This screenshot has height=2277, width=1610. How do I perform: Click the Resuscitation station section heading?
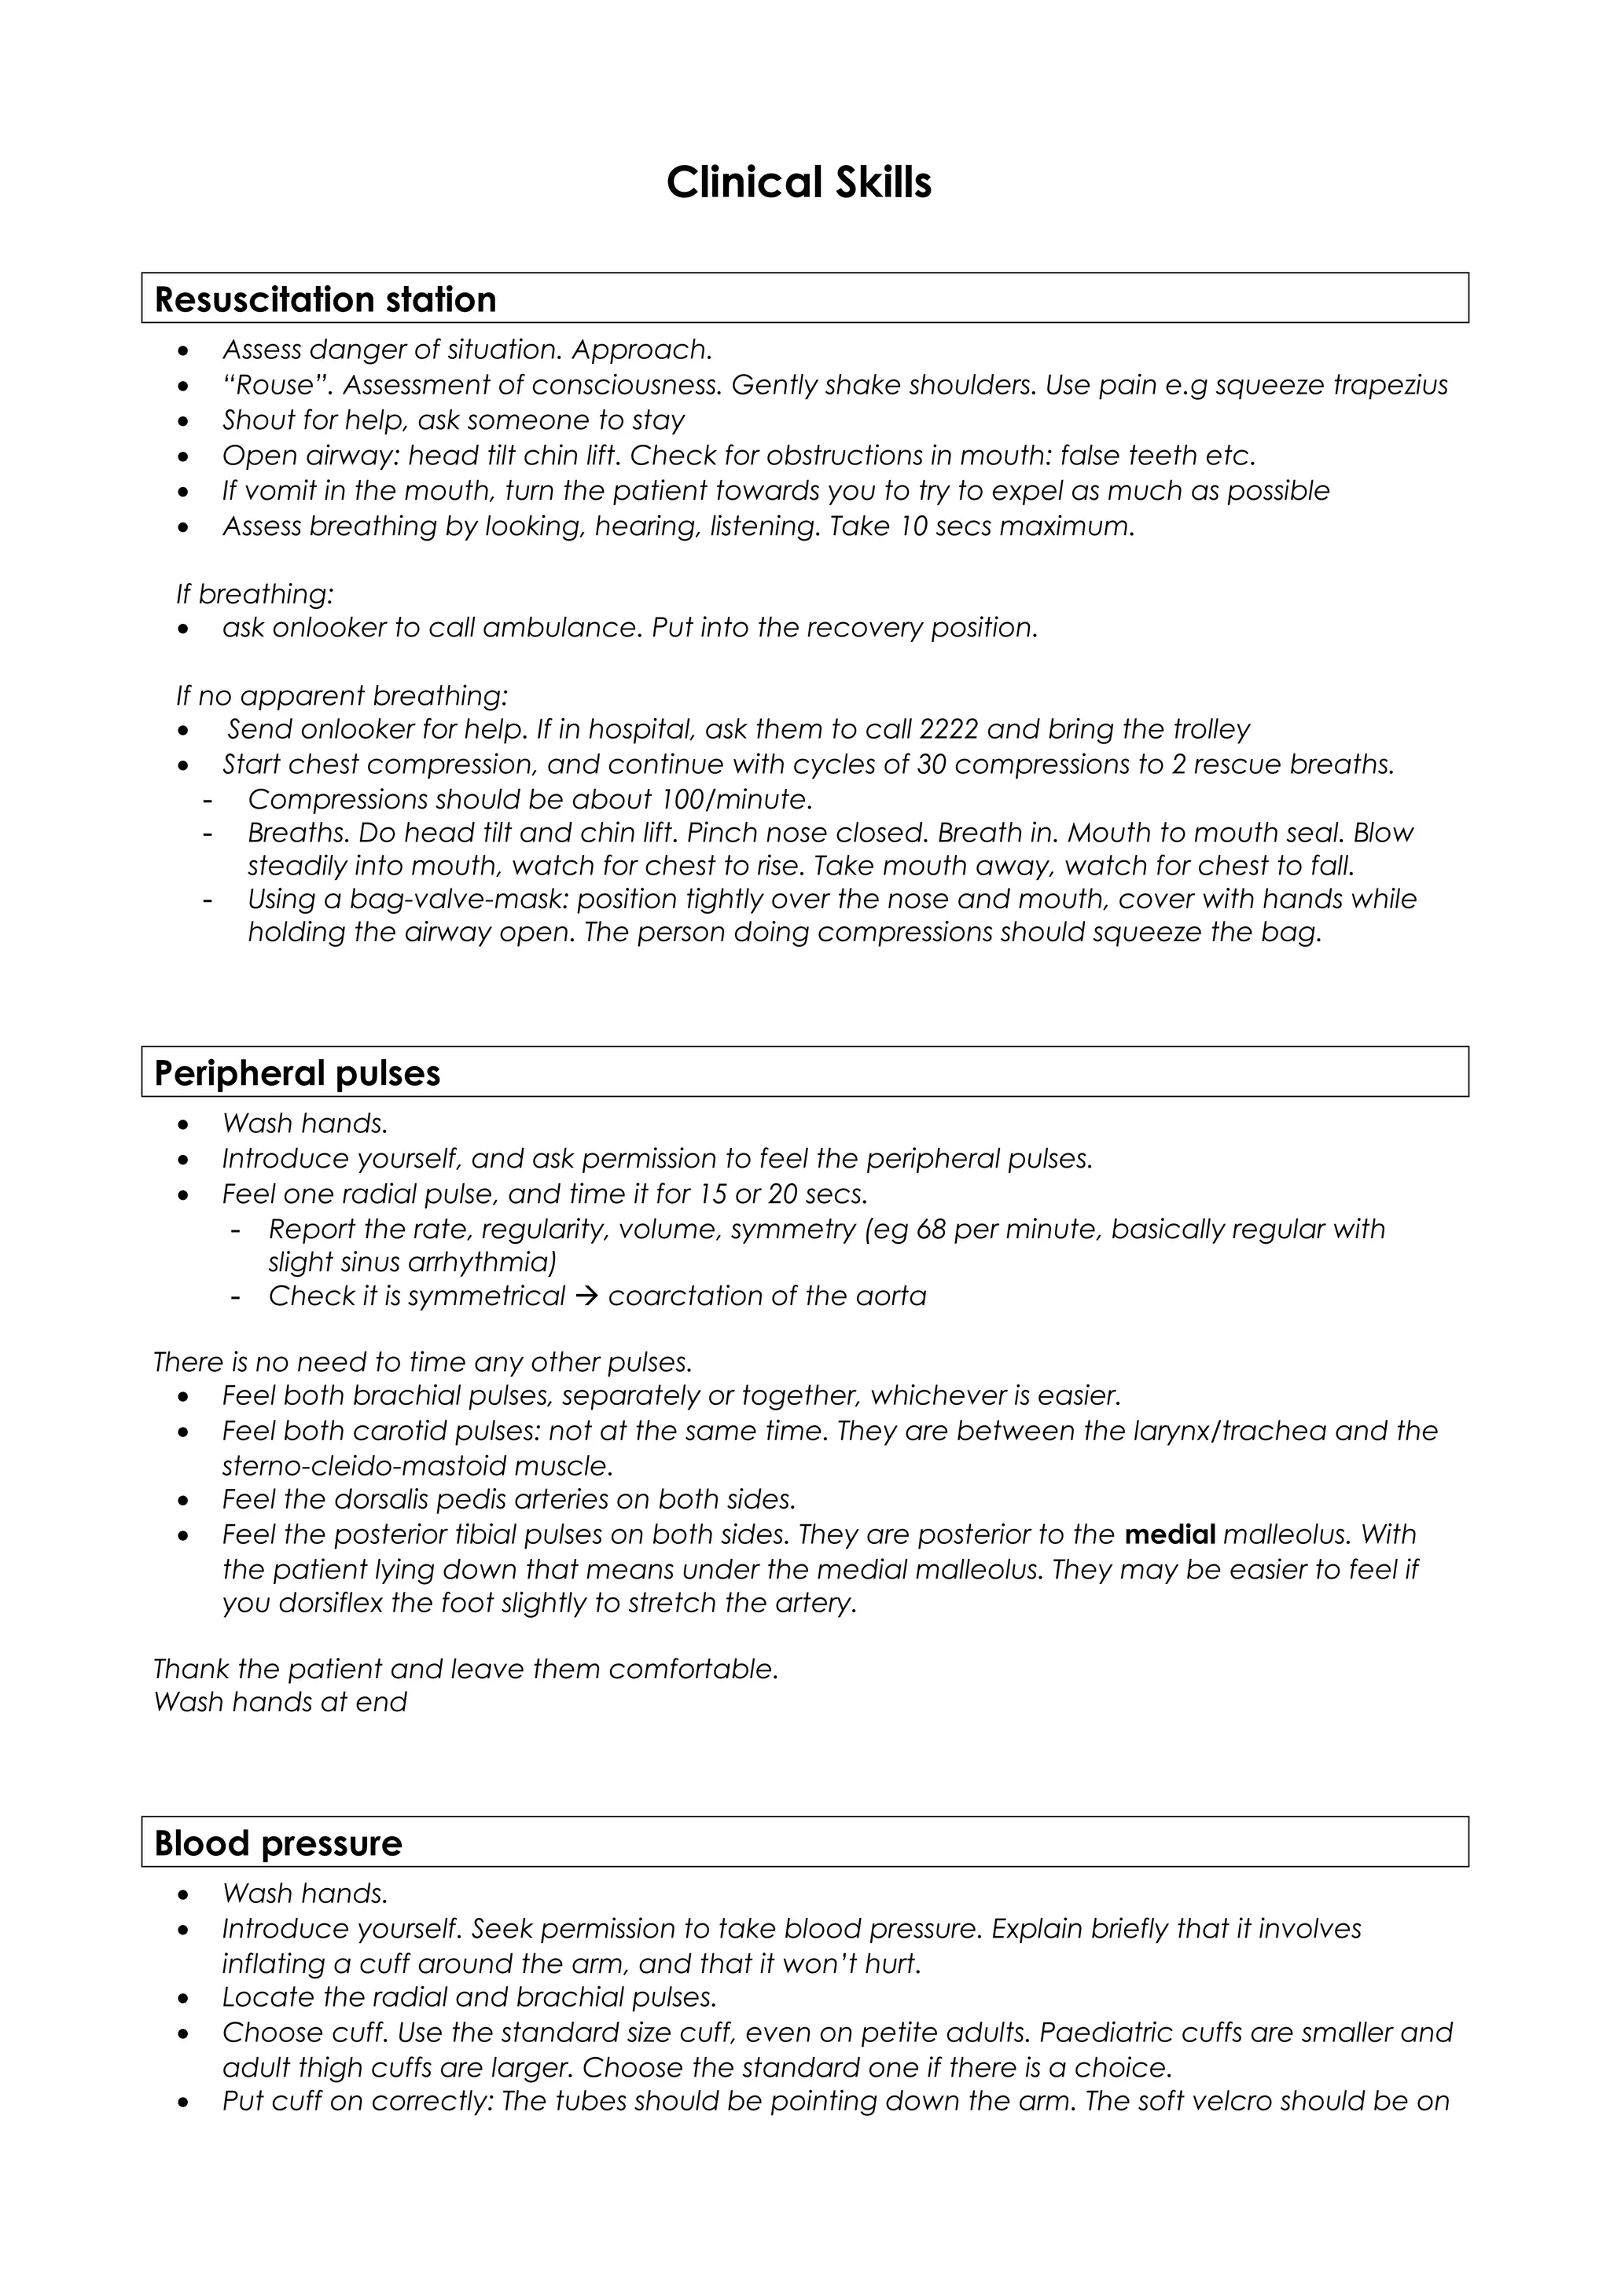click(x=325, y=299)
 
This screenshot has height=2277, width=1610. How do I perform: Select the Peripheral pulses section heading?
click(x=298, y=1073)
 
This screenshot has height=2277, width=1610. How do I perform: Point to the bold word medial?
click(x=1171, y=1535)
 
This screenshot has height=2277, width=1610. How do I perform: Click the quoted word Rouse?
click(x=278, y=385)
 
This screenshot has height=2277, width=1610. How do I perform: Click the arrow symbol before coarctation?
click(x=586, y=1296)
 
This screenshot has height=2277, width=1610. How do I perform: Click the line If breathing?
click(x=255, y=594)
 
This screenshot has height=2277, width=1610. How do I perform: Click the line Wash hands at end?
click(x=281, y=1703)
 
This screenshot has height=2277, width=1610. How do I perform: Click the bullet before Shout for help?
click(x=182, y=421)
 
